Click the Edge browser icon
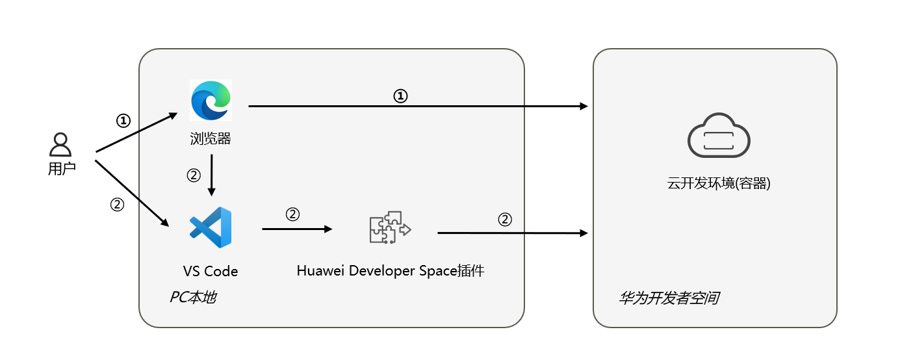coord(211,100)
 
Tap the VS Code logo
coord(211,227)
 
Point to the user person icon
coord(60,145)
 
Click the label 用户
coord(62,169)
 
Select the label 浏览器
coord(211,138)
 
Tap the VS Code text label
coord(211,271)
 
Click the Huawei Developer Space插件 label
coord(391,271)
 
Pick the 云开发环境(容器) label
coord(719,183)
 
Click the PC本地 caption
coord(193,298)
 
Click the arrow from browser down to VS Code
coord(211,175)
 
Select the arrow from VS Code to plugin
coord(297,229)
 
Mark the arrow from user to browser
coord(136,133)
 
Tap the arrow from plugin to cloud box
coord(513,232)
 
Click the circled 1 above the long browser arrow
coord(401,96)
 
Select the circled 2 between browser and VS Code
coord(194,175)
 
